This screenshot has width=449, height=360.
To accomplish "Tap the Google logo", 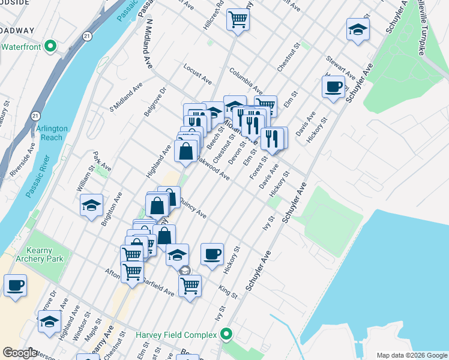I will (x=20, y=353).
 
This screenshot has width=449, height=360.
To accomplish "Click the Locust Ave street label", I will (x=198, y=74).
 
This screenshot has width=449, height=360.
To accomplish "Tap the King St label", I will (x=228, y=291).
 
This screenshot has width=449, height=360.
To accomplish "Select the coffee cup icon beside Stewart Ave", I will (x=333, y=87).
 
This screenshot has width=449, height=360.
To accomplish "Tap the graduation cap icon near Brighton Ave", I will (x=91, y=205).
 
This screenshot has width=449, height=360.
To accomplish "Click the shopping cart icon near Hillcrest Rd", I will (x=238, y=20).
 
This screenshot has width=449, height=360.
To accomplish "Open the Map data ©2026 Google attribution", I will (x=411, y=355).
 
